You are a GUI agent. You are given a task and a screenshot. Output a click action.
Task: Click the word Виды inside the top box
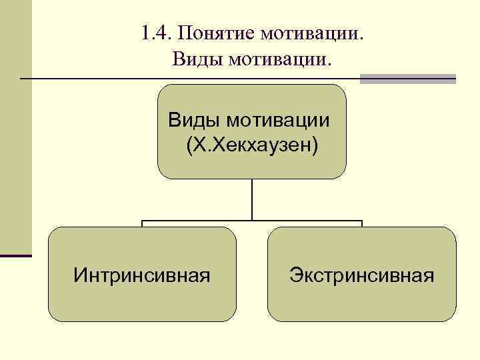[194, 121]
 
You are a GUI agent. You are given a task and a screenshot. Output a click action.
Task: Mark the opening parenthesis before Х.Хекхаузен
[190, 145]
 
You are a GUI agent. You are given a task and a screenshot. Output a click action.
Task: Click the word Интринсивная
[142, 274]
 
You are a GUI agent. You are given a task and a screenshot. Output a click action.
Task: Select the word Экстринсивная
[361, 274]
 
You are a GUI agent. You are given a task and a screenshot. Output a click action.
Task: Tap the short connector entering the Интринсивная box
[143, 224]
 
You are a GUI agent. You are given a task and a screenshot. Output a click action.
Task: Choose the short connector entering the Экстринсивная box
[361, 224]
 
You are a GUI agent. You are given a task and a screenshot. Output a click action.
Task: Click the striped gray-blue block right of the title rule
[407, 79]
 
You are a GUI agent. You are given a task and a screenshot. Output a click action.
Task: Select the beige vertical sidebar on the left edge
[15, 127]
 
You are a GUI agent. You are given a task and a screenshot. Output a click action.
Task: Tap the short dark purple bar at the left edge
[15, 255]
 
